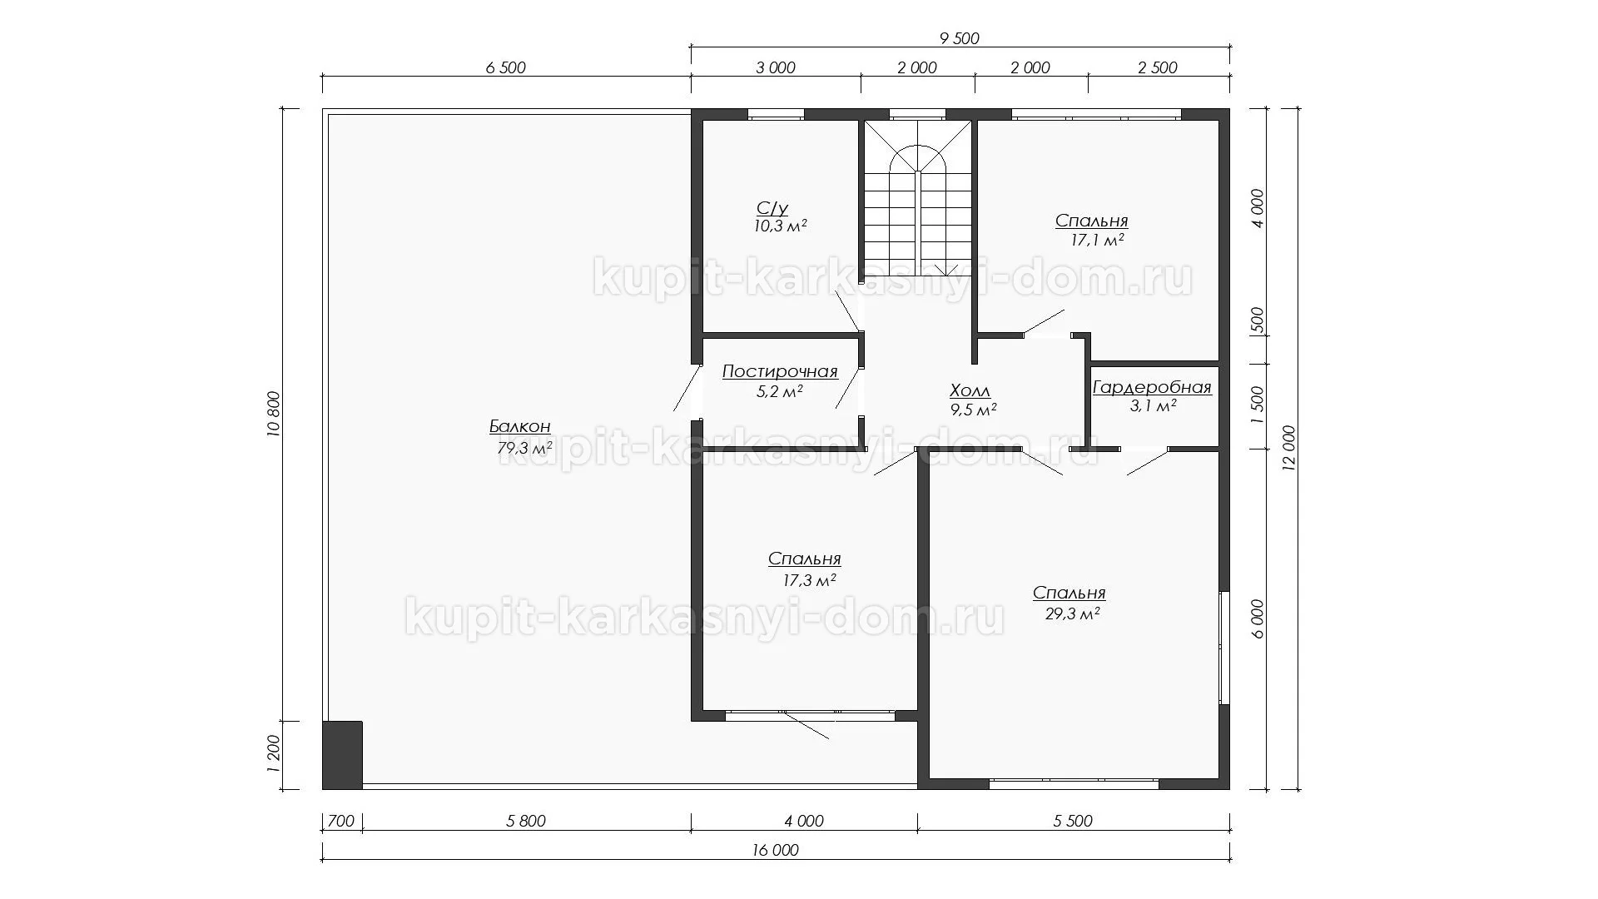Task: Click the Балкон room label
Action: [519, 427]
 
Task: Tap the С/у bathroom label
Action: [772, 208]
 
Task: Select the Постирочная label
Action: [780, 372]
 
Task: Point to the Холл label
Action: [970, 391]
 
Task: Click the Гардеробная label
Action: [1152, 388]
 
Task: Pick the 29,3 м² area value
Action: [1073, 614]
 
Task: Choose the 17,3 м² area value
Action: [809, 580]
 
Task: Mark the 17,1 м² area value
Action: [1097, 241]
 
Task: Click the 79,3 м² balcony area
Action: [524, 449]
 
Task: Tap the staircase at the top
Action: [917, 199]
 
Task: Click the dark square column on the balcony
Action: [343, 755]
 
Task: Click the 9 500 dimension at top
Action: [959, 38]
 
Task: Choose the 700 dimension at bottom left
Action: [341, 822]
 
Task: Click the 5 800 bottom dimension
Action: [526, 822]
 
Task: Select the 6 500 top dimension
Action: [506, 67]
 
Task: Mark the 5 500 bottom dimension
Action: [1073, 822]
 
